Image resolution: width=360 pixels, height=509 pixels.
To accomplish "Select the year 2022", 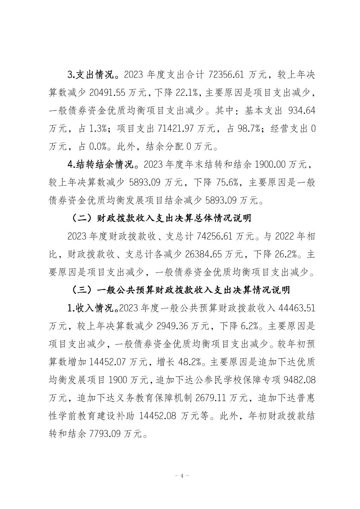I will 286,237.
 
